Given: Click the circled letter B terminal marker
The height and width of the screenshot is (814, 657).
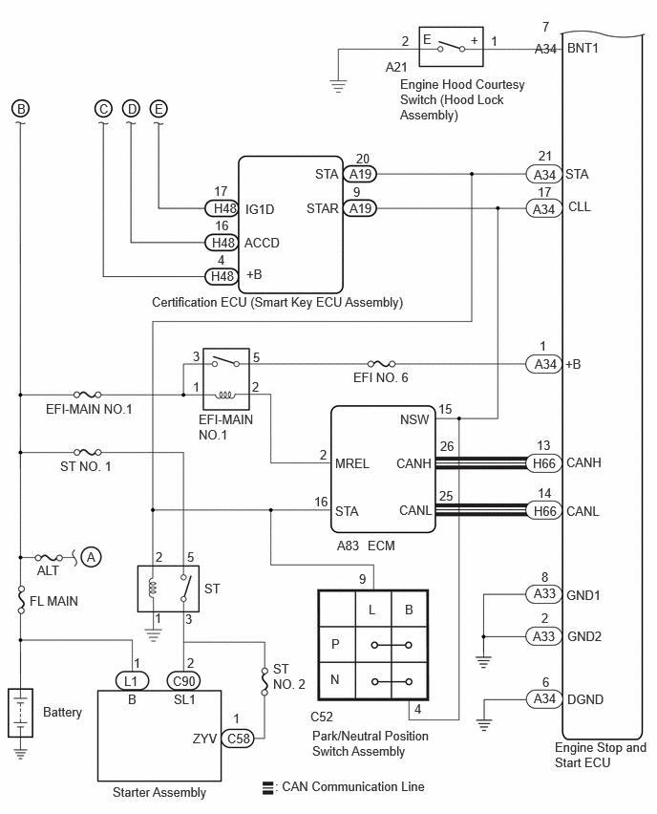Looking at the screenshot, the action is pyautogui.click(x=21, y=109).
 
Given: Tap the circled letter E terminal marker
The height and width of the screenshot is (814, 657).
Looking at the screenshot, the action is pyautogui.click(x=159, y=109).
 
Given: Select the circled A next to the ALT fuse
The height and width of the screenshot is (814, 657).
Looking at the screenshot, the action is pyautogui.click(x=92, y=558).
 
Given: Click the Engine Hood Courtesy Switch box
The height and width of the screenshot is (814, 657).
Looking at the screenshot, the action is pyautogui.click(x=451, y=47).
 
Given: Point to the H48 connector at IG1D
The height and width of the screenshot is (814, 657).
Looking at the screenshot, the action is pyautogui.click(x=222, y=208).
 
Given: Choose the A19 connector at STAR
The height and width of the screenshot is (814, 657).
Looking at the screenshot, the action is pyautogui.click(x=360, y=208).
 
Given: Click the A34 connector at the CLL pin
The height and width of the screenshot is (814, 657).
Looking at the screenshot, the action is pyautogui.click(x=544, y=208).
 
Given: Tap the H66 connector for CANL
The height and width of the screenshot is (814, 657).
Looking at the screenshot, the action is pyautogui.click(x=544, y=511).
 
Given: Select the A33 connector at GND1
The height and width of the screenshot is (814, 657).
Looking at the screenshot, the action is pyautogui.click(x=544, y=593).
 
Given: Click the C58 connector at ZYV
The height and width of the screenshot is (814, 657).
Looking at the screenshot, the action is pyautogui.click(x=238, y=739).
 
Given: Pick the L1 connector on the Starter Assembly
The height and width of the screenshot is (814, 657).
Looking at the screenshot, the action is pyautogui.click(x=132, y=680).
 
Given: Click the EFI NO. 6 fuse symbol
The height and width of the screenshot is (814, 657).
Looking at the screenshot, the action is pyautogui.click(x=381, y=364).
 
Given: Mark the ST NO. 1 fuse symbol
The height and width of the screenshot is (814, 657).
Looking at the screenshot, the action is pyautogui.click(x=88, y=452).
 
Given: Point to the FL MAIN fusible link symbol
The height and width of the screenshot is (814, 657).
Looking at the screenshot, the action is pyautogui.click(x=21, y=600).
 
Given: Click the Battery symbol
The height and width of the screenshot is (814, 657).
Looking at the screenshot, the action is pyautogui.click(x=20, y=713).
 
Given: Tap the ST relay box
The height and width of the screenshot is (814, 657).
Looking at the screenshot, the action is pyautogui.click(x=168, y=589).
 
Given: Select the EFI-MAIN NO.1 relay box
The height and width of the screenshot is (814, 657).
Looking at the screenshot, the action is pyautogui.click(x=225, y=379).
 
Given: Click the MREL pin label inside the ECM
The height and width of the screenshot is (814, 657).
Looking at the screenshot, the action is pyautogui.click(x=351, y=463).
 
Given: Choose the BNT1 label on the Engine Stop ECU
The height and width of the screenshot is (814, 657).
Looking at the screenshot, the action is pyautogui.click(x=583, y=49).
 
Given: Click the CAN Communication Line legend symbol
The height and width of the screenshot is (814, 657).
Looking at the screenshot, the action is pyautogui.click(x=267, y=787).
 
